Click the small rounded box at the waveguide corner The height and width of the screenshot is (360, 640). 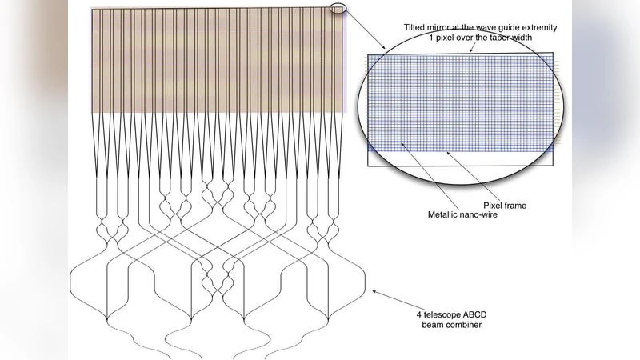click(338, 9)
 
